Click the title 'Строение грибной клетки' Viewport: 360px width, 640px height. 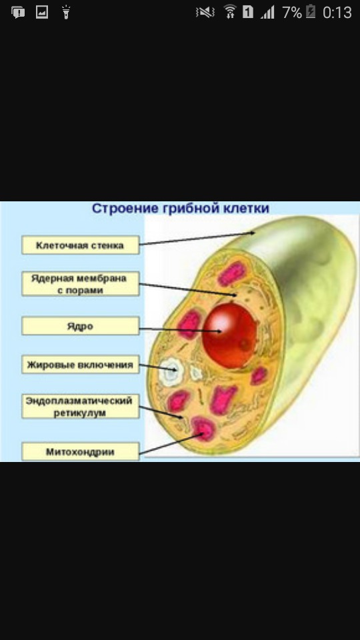point(180,208)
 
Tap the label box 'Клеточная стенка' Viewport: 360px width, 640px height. point(81,245)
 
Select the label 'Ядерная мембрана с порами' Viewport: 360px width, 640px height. point(81,284)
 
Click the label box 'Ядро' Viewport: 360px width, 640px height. point(81,327)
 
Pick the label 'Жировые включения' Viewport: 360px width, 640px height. point(81,365)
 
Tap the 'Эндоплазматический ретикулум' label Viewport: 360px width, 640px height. point(81,406)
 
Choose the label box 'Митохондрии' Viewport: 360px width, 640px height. point(81,452)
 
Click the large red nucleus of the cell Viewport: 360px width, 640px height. point(230,335)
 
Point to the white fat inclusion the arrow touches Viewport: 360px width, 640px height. point(171,371)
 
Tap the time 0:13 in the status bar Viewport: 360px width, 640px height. point(337,12)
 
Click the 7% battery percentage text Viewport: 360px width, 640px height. point(292,12)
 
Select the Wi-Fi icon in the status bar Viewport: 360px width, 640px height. point(230,12)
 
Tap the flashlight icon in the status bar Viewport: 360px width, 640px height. point(66,12)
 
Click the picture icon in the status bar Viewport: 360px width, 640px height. point(42,12)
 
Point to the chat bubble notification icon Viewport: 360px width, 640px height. point(18,12)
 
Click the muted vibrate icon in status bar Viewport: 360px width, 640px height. point(205,13)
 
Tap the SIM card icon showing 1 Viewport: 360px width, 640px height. point(248,12)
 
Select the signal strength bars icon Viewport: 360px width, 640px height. point(268,12)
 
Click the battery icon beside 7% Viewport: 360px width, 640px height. point(311,11)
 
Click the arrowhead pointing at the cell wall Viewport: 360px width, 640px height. point(253,233)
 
